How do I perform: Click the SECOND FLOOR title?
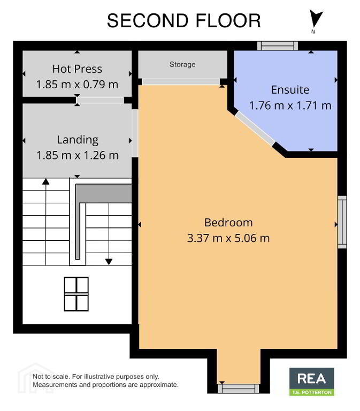[x=183, y=21]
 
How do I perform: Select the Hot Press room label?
[x=77, y=69]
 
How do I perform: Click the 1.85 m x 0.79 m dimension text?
[x=77, y=85]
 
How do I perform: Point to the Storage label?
[x=182, y=64]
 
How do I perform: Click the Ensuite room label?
[x=290, y=90]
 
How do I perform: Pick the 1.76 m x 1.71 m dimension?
[x=290, y=105]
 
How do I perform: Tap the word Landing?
[x=78, y=140]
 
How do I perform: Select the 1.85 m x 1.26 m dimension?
[x=78, y=155]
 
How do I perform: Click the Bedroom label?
[x=228, y=223]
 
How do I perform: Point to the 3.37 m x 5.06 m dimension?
[x=228, y=238]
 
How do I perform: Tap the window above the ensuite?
[x=278, y=46]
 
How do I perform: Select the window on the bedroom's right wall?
[x=342, y=222]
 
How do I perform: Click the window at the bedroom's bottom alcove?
[x=239, y=389]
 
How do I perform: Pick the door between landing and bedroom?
[x=135, y=133]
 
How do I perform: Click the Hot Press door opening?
[x=100, y=100]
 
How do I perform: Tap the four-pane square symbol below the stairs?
[x=76, y=294]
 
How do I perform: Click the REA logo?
[x=311, y=382]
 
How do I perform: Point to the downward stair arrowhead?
[x=109, y=262]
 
